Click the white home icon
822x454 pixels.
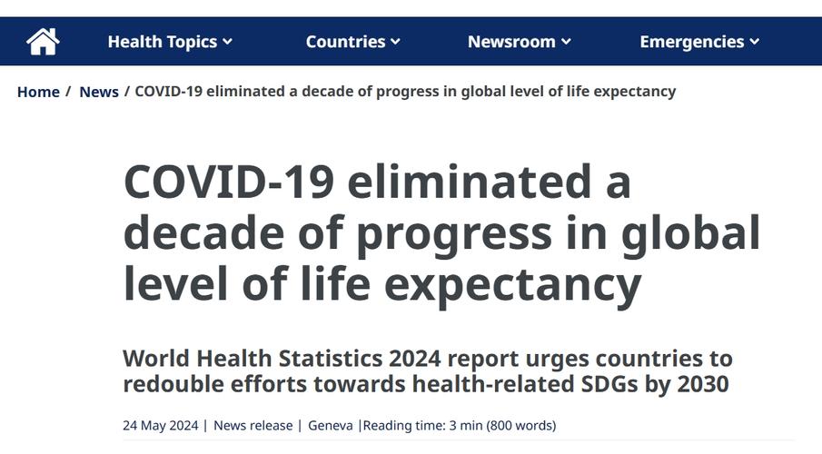[43, 41]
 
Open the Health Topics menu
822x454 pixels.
[162, 42]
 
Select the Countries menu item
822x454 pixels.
[345, 42]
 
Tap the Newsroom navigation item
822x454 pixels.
[511, 42]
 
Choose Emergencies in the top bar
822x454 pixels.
[691, 42]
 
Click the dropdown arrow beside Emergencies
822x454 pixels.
[755, 42]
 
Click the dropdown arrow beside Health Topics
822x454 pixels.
[228, 42]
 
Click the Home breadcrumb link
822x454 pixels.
[38, 92]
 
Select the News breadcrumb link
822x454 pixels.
[99, 92]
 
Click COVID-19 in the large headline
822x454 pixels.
[228, 183]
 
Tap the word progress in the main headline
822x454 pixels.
[453, 233]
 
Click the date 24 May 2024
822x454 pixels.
[160, 425]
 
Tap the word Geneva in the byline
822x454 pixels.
[331, 425]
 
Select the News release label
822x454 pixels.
[253, 425]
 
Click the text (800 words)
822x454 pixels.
[521, 425]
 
